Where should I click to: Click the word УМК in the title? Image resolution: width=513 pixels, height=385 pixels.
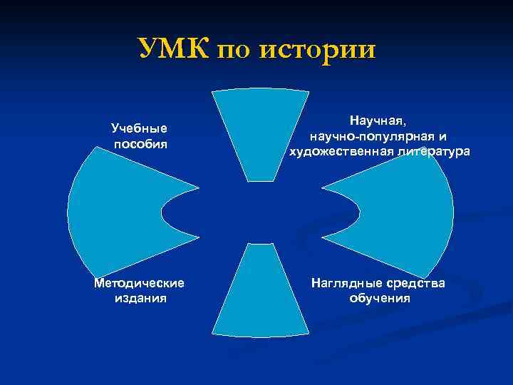[172, 49]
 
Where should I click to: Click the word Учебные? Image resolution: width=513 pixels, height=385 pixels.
[140, 128]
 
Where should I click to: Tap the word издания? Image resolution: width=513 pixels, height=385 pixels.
[140, 298]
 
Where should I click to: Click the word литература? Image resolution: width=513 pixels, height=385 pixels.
[429, 151]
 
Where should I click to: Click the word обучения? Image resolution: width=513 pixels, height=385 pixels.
[379, 298]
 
